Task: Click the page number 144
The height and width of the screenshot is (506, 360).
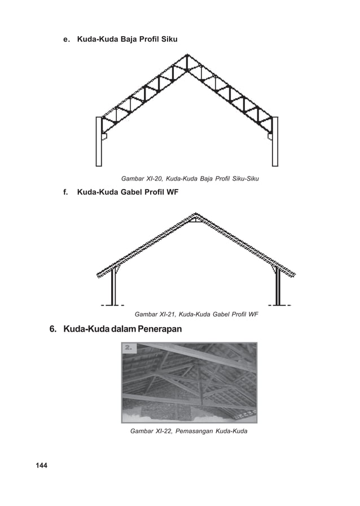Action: click(41, 465)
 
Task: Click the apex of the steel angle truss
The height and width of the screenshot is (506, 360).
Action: click(187, 56)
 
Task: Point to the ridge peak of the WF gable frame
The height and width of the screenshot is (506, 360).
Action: click(195, 215)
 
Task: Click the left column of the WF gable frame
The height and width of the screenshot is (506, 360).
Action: click(114, 287)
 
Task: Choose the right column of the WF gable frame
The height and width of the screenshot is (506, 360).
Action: click(277, 287)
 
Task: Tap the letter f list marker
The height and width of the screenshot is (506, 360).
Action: click(65, 193)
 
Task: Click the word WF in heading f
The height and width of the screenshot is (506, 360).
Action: click(172, 193)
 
